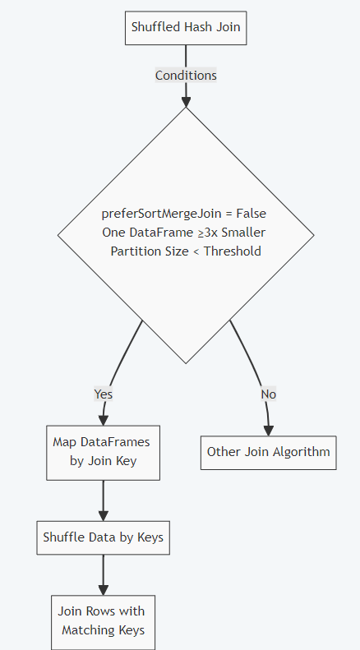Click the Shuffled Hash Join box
pyautogui.click(x=186, y=28)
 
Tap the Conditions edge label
pyautogui.click(x=186, y=76)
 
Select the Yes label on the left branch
pyautogui.click(x=104, y=394)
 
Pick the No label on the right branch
pyautogui.click(x=268, y=394)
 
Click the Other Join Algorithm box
pyautogui.click(x=268, y=452)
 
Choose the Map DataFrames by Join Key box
pyautogui.click(x=104, y=452)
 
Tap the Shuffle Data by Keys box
pyautogui.click(x=104, y=538)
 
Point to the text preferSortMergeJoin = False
pyautogui.click(x=184, y=214)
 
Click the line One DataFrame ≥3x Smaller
pyautogui.click(x=184, y=233)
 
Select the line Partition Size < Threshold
pyautogui.click(x=186, y=251)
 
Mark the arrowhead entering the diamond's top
pyautogui.click(x=186, y=101)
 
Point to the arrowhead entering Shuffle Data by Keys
pyautogui.click(x=104, y=515)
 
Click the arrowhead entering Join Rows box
pyautogui.click(x=104, y=589)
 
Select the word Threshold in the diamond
pyautogui.click(x=233, y=251)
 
